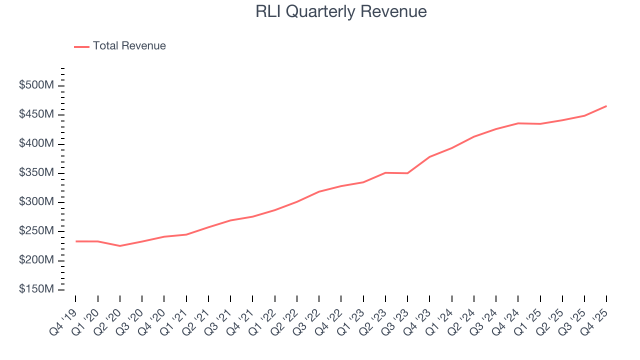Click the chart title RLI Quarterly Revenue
point(341,11)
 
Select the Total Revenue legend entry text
point(129,46)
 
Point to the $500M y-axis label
point(36,85)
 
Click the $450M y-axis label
point(36,115)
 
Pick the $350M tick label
point(36,173)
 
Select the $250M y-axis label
point(36,231)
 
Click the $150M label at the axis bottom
point(36,290)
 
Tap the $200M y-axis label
point(36,260)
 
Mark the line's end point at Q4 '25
point(606,106)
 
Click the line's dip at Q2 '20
point(120,246)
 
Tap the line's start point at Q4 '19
point(76,241)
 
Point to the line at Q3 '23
point(407,173)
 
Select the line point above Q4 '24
point(518,123)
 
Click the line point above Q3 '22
point(319,191)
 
